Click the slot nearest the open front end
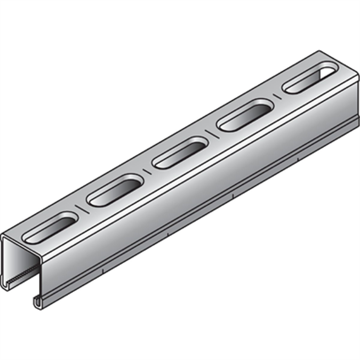tap(52, 226)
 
